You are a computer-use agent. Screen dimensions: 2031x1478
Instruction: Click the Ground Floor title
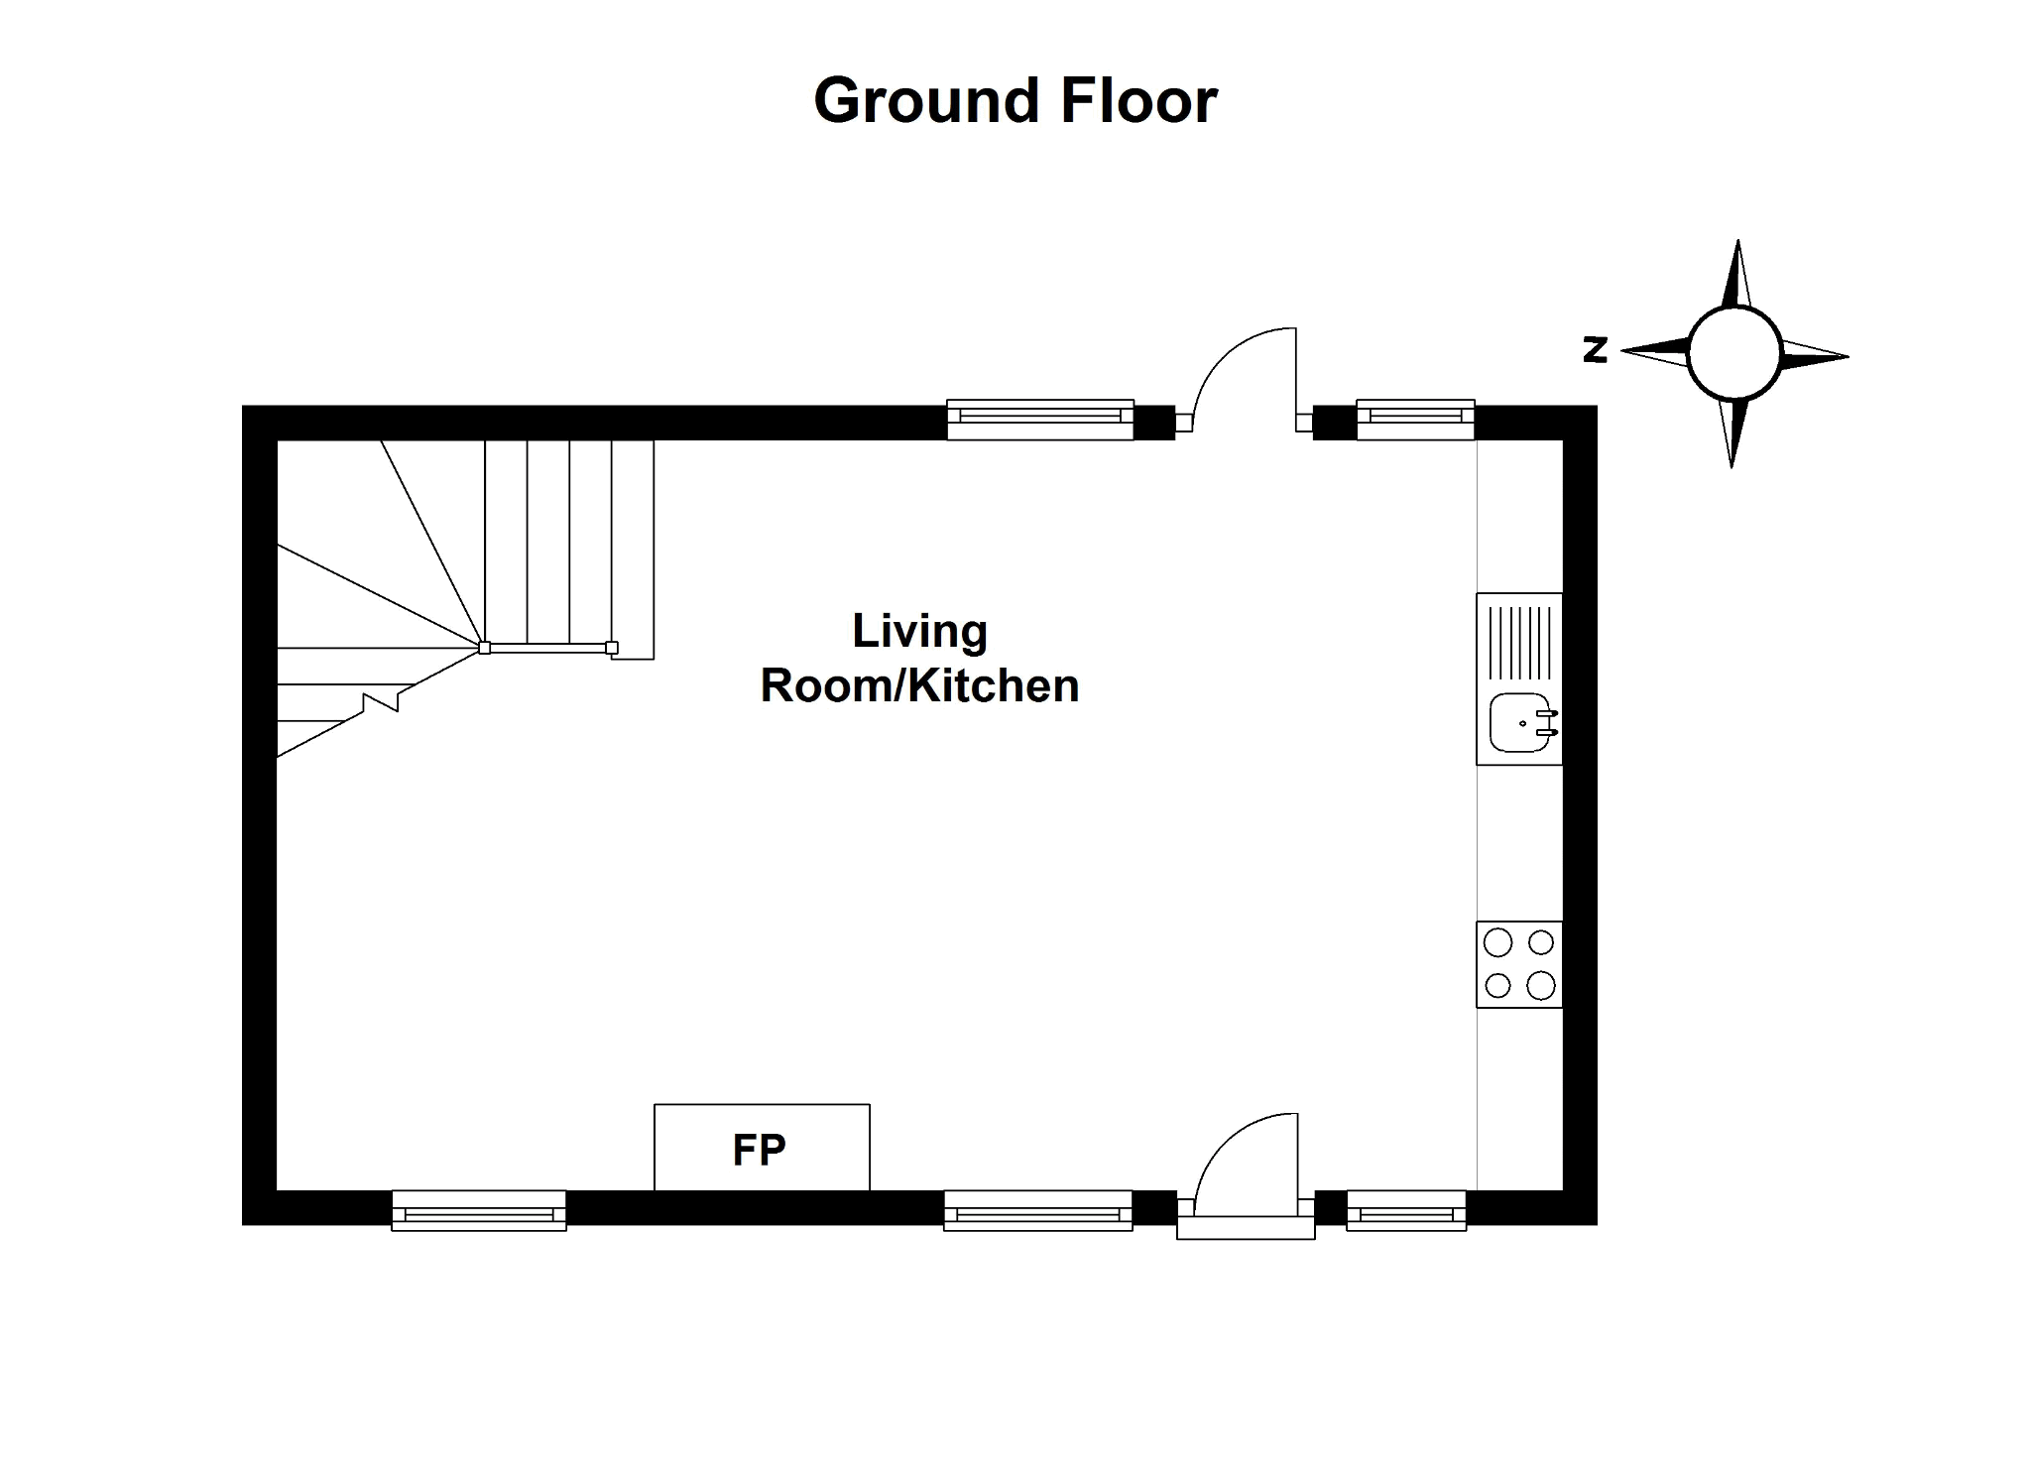pyautogui.click(x=1015, y=101)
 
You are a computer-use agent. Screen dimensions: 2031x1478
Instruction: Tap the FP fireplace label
pyautogui.click(x=759, y=1150)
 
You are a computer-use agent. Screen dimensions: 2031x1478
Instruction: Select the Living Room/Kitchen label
pyautogui.click(x=919, y=659)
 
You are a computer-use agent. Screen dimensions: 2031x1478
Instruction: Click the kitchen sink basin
pyautogui.click(x=1518, y=723)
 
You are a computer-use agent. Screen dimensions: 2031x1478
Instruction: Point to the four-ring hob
pyautogui.click(x=1518, y=964)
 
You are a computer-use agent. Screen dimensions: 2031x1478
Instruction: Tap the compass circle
pyautogui.click(x=1734, y=353)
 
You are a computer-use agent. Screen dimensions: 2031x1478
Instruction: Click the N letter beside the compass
pyautogui.click(x=1595, y=349)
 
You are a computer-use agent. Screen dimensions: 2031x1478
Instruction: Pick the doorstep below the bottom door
pyautogui.click(x=1246, y=1229)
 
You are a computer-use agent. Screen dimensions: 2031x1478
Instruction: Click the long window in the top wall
pyautogui.click(x=1039, y=420)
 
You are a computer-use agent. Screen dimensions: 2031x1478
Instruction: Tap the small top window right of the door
pyautogui.click(x=1415, y=420)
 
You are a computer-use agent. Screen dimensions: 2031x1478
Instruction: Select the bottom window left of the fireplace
pyautogui.click(x=479, y=1211)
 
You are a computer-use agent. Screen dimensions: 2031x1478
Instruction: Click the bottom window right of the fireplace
pyautogui.click(x=1037, y=1211)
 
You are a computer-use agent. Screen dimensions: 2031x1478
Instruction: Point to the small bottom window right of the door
pyautogui.click(x=1406, y=1211)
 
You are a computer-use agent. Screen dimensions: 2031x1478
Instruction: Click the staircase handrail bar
pyautogui.click(x=548, y=648)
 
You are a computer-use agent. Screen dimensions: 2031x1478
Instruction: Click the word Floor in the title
pyautogui.click(x=1138, y=101)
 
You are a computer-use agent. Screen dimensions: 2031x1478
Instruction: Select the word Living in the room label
pyautogui.click(x=919, y=632)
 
